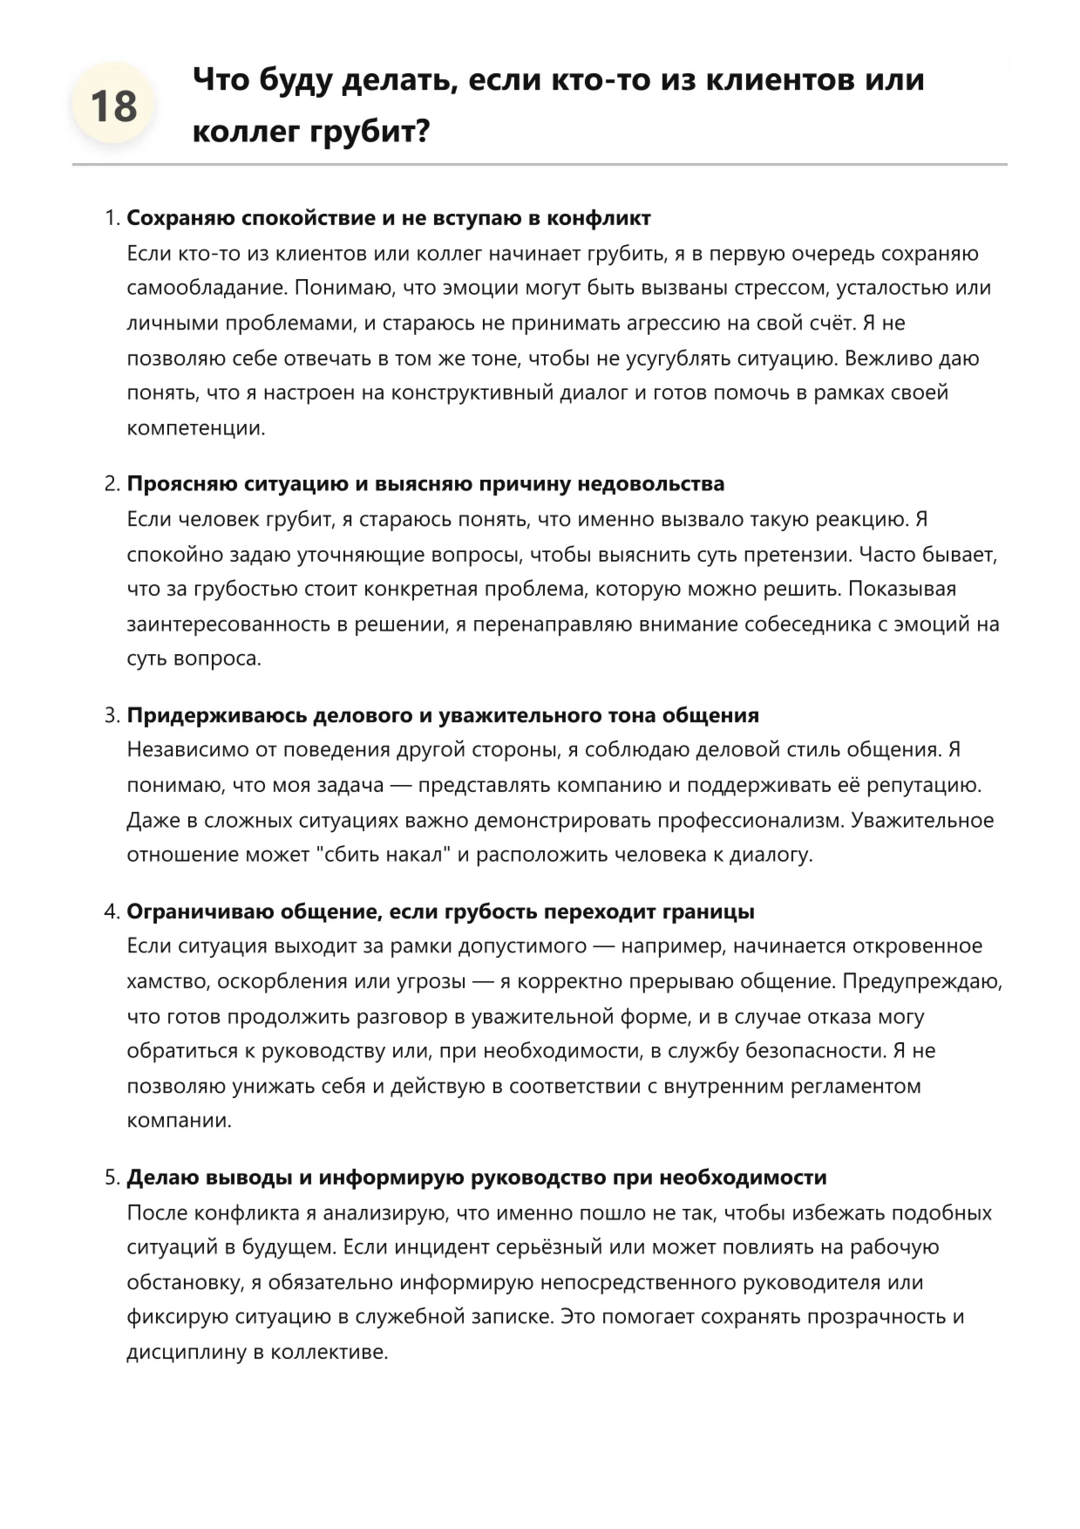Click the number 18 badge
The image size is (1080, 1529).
(x=113, y=107)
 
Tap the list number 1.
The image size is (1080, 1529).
(x=111, y=218)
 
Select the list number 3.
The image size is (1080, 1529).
(x=111, y=716)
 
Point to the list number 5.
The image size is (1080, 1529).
(x=111, y=1178)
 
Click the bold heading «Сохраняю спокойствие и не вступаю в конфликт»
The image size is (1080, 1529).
(x=389, y=218)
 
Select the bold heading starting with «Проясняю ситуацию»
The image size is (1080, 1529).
(x=425, y=484)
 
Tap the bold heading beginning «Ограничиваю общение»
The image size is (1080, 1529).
(x=440, y=912)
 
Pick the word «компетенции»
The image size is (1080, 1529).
(x=194, y=428)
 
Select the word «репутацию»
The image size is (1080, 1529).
(x=922, y=785)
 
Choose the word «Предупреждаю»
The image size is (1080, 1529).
(x=921, y=982)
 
